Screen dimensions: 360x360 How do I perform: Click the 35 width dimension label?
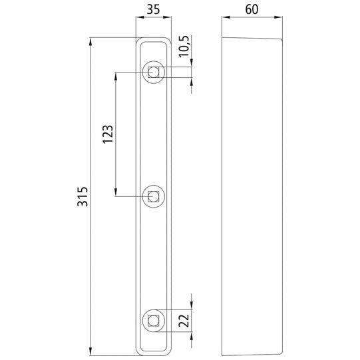tap(154, 10)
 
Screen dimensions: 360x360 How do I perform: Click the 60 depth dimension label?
tap(252, 10)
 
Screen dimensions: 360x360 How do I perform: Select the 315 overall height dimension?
tap(83, 198)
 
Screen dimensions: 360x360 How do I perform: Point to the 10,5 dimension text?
tap(184, 47)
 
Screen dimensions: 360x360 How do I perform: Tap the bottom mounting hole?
tap(154, 321)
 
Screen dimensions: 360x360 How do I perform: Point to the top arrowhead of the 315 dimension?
tap(90, 42)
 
